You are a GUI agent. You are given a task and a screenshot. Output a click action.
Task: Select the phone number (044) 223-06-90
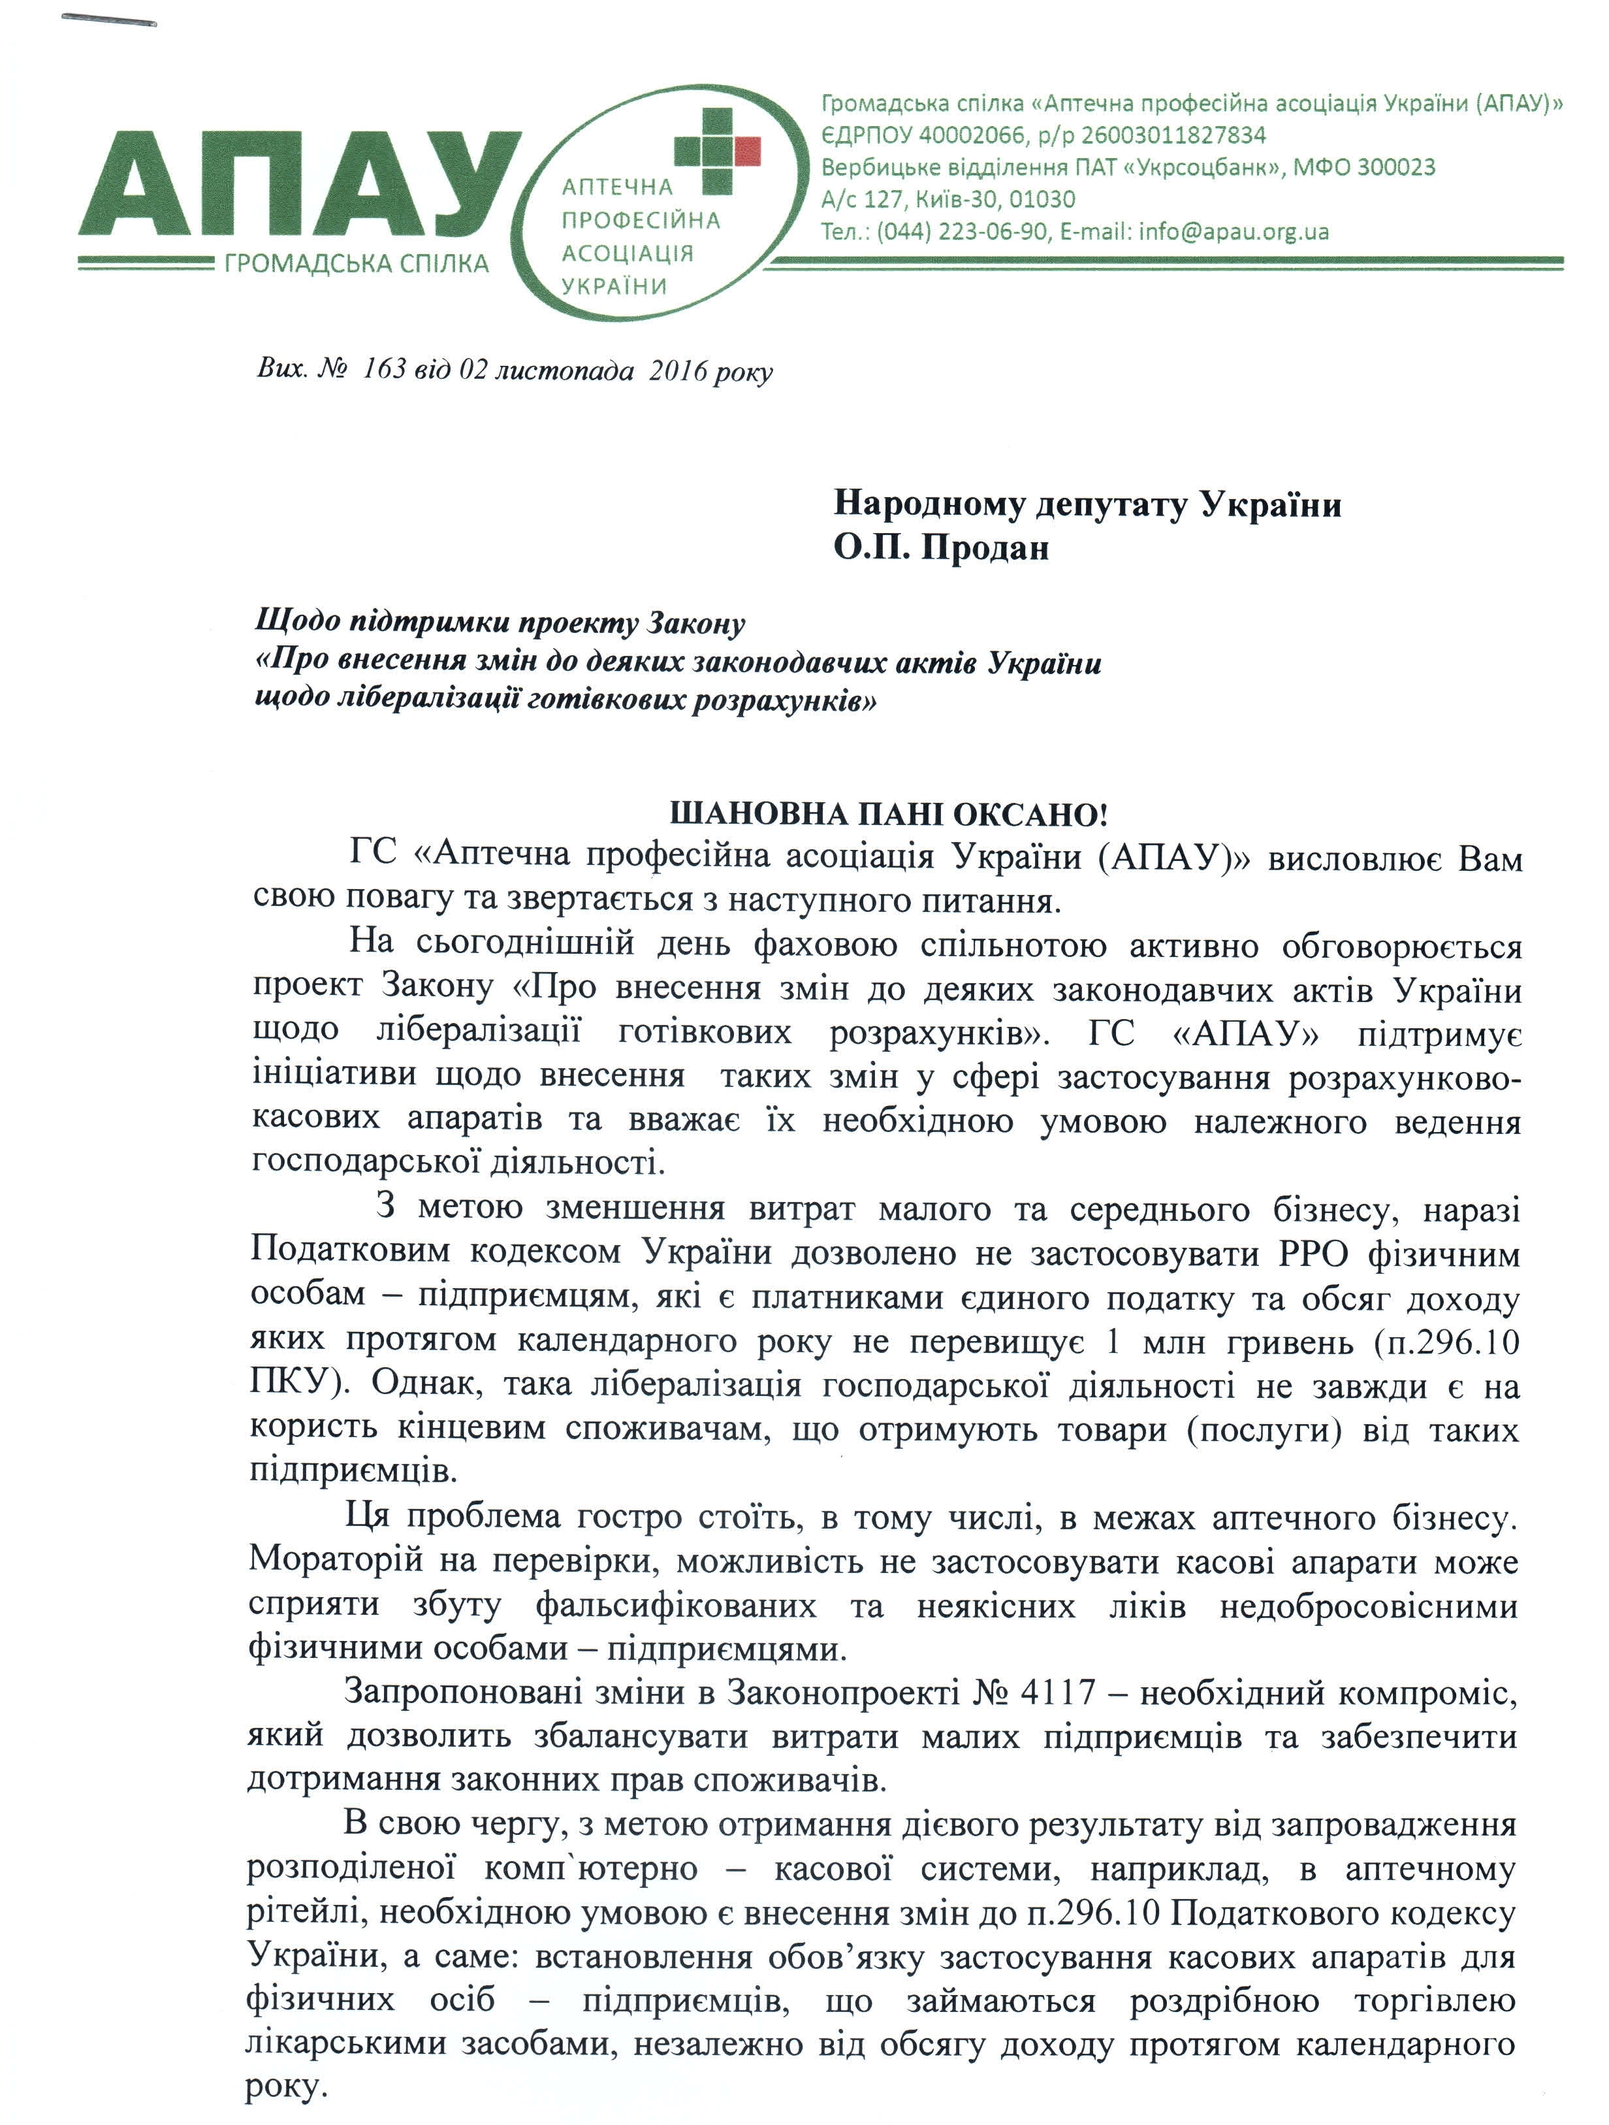click(x=962, y=231)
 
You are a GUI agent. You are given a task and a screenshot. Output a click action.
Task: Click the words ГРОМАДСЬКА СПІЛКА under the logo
click(x=357, y=263)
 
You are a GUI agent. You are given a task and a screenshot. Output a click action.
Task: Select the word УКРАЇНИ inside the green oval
click(x=614, y=286)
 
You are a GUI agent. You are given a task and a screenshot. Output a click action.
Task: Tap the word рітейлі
click(x=304, y=1913)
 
